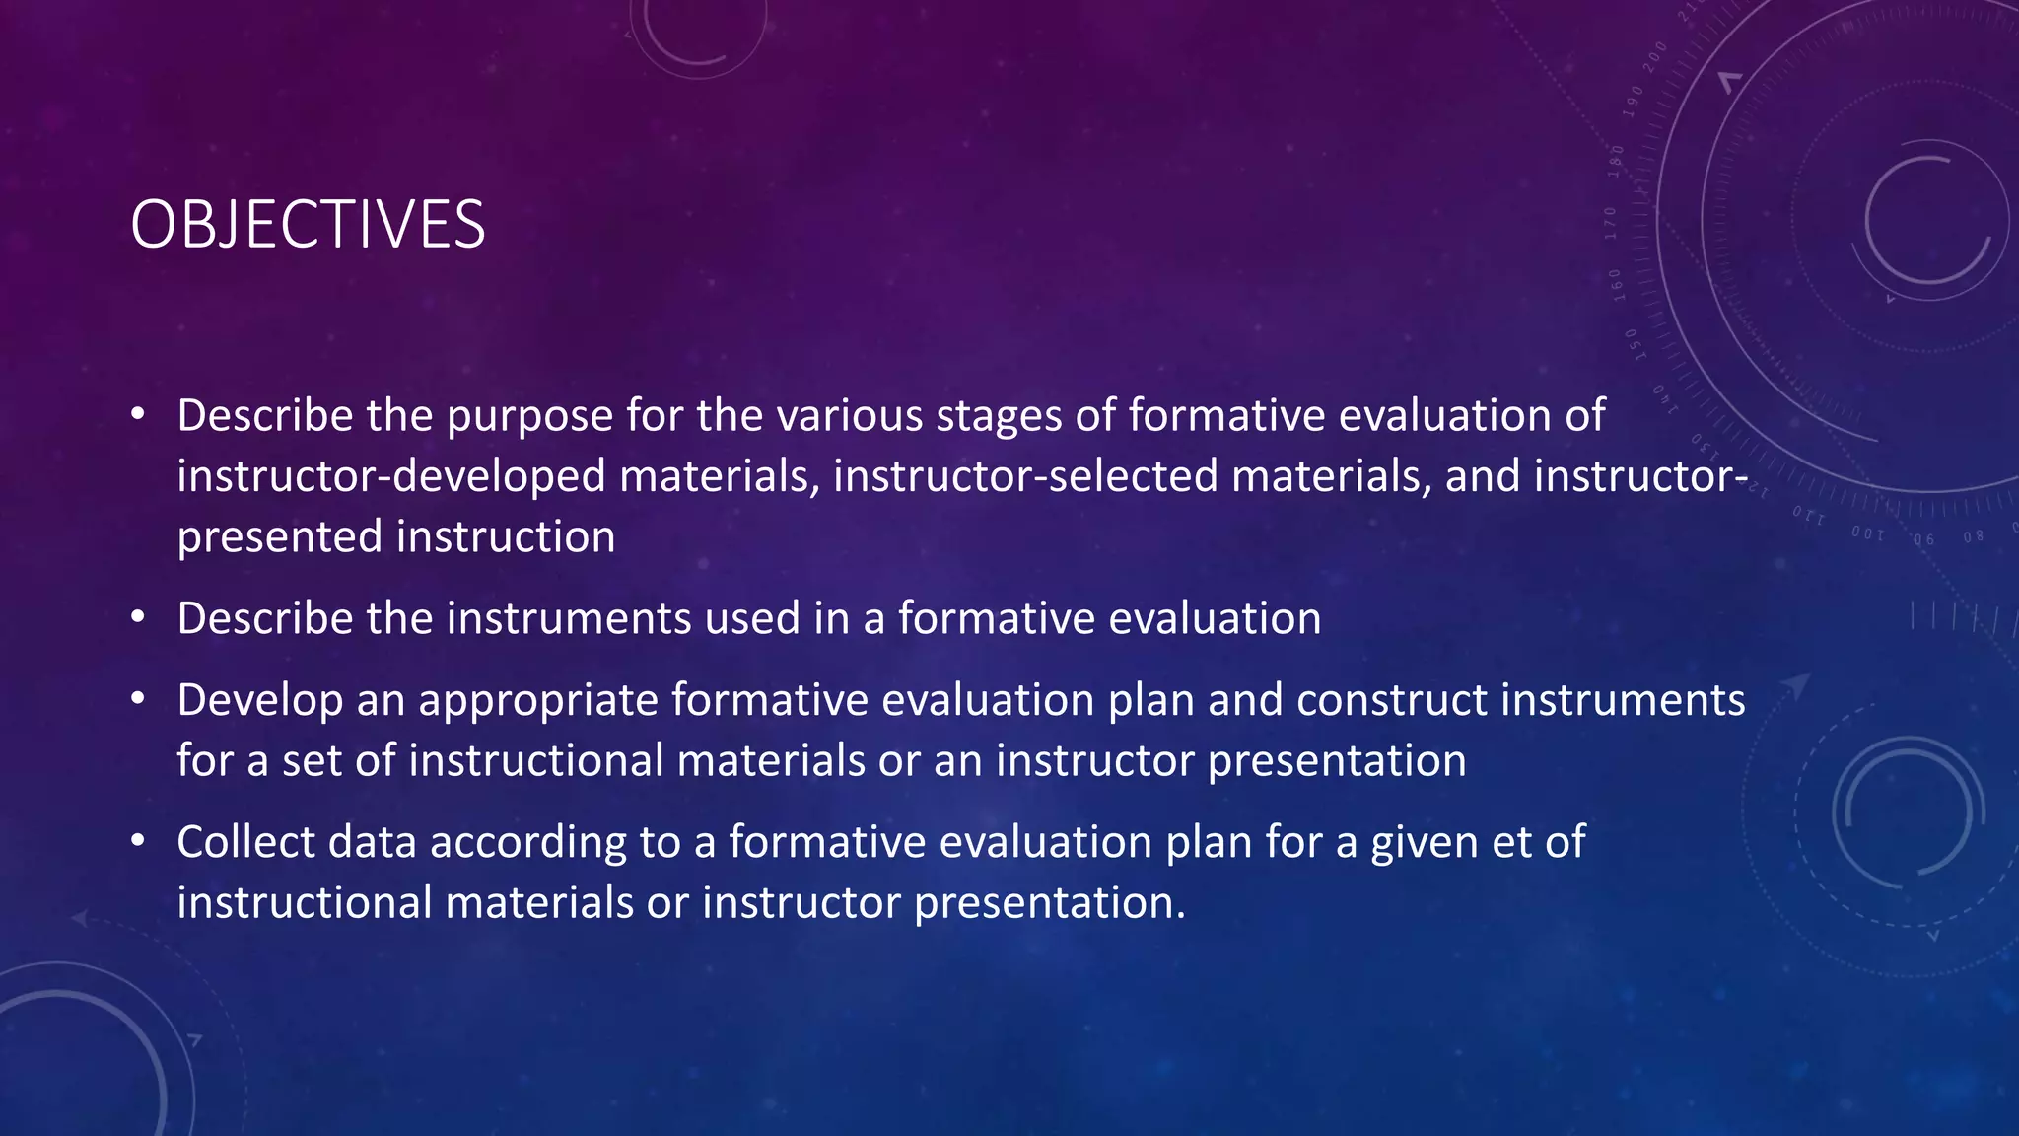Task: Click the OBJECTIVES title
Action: (x=308, y=225)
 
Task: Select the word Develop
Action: (x=259, y=701)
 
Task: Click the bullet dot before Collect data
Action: (x=138, y=841)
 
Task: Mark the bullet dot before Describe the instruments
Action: (x=138, y=617)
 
